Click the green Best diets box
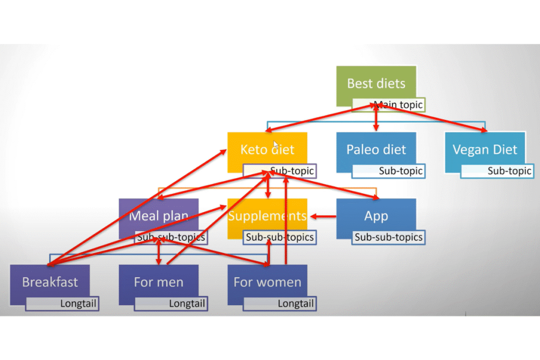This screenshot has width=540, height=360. click(376, 83)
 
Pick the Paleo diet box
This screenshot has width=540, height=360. click(376, 149)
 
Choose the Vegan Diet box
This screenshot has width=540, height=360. click(485, 149)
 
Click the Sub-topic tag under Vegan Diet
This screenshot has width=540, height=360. click(496, 171)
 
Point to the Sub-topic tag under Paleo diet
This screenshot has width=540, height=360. click(388, 171)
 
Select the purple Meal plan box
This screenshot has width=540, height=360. click(158, 216)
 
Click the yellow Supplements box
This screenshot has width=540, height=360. click(267, 216)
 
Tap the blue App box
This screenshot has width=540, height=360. click(376, 216)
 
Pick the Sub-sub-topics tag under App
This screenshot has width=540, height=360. click(388, 237)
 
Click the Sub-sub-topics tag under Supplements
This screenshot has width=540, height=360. click(279, 237)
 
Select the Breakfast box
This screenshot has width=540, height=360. click(50, 281)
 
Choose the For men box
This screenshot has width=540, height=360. click(158, 281)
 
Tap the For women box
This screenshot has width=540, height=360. click(267, 281)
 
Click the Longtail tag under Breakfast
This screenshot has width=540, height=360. click(62, 304)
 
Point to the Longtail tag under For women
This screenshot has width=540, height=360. click(279, 304)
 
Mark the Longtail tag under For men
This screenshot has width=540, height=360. click(170, 304)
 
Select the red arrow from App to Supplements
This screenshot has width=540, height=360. click(323, 216)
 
